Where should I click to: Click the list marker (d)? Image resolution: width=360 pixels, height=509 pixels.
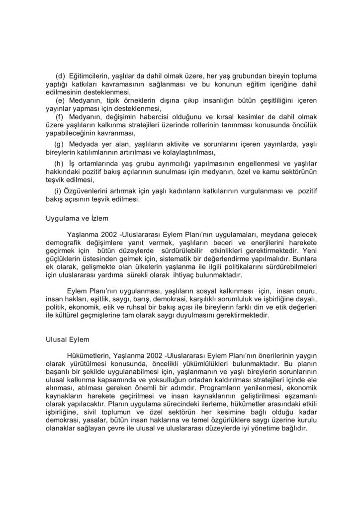tap(61, 76)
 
